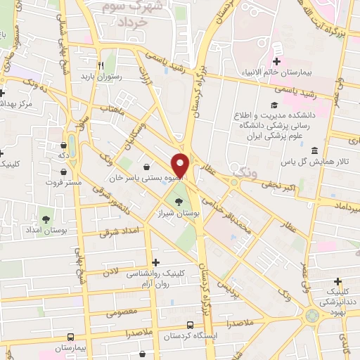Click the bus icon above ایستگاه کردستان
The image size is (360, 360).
(190, 325)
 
